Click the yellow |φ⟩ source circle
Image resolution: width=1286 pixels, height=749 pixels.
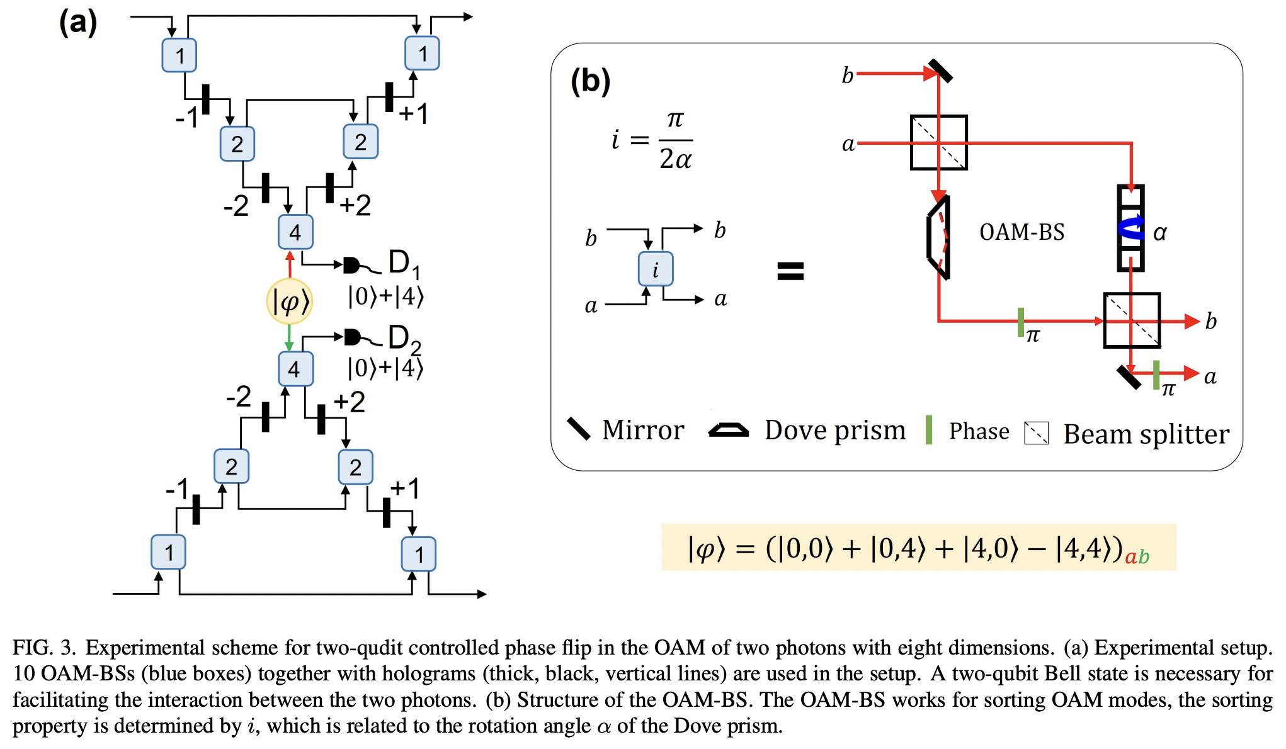(290, 301)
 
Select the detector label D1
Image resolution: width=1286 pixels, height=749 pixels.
(404, 263)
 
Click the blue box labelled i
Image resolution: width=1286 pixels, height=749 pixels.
(656, 269)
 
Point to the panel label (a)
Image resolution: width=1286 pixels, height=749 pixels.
(78, 23)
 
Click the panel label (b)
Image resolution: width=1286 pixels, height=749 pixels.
(590, 81)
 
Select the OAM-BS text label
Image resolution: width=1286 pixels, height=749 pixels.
(1021, 232)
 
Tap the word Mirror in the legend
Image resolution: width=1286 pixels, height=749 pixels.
(643, 430)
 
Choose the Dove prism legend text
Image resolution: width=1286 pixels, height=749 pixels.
(835, 431)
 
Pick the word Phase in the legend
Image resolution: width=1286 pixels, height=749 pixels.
(979, 431)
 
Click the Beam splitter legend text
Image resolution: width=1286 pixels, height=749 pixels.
(1146, 434)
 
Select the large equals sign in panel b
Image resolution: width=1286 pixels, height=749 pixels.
(790, 271)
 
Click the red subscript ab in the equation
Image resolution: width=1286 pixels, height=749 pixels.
(1137, 556)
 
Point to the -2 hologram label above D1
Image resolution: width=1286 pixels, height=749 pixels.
(236, 206)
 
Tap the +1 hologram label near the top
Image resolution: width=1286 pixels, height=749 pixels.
(413, 114)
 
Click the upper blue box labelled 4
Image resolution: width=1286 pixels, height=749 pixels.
(295, 232)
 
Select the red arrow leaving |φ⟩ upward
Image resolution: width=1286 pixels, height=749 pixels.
(290, 264)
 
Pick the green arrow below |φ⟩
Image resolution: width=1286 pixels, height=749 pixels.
(289, 338)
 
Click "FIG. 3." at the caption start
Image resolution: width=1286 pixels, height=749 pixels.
(44, 648)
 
